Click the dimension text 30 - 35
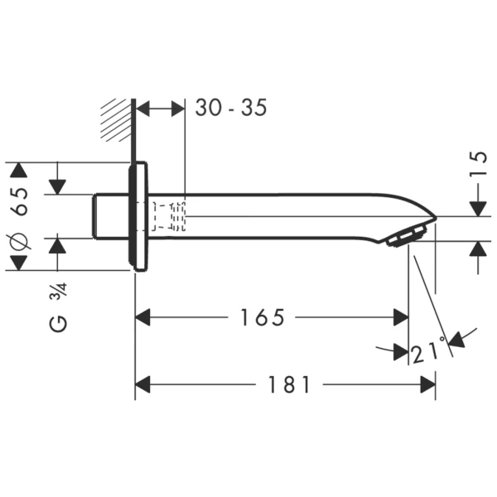(x=231, y=108)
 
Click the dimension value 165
(x=263, y=317)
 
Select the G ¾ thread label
(x=58, y=311)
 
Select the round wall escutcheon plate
(x=138, y=215)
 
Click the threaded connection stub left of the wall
(x=109, y=215)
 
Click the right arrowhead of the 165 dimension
(x=401, y=317)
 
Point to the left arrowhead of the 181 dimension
(x=143, y=384)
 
